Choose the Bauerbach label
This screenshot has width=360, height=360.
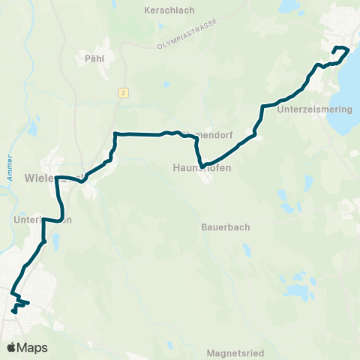(225, 226)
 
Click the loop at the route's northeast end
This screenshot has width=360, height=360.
(341, 52)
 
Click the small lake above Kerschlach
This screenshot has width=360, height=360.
(161, 28)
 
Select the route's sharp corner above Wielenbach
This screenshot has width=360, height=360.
(115, 134)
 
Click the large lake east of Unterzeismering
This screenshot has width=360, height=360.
(349, 90)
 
